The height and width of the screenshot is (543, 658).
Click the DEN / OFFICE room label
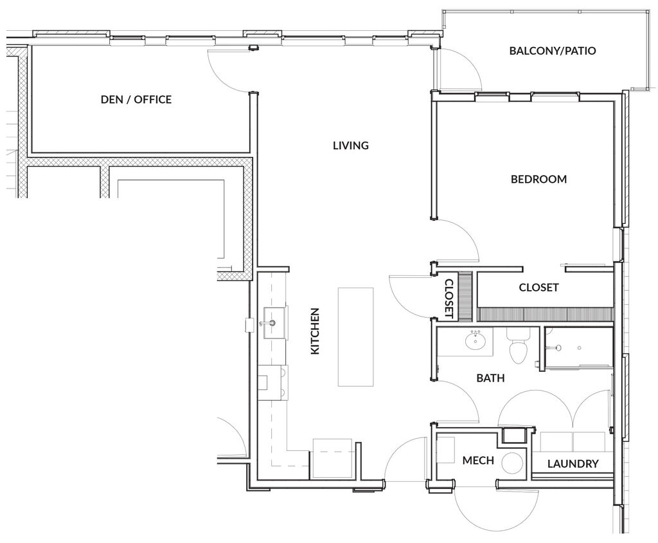(x=136, y=99)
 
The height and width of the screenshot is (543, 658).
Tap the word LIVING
(x=350, y=145)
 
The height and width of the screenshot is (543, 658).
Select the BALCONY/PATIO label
(x=553, y=50)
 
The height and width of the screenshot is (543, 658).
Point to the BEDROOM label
(x=538, y=179)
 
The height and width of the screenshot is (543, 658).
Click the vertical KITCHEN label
(x=315, y=331)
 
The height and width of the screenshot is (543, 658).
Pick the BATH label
(x=490, y=378)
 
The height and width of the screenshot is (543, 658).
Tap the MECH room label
(x=478, y=461)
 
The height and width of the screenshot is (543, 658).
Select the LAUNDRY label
(x=573, y=463)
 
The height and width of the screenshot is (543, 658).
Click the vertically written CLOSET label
(x=449, y=299)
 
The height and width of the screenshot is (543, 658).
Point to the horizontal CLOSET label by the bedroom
(x=538, y=288)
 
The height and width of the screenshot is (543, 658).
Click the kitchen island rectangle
(x=355, y=336)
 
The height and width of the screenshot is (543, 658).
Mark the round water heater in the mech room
(x=512, y=463)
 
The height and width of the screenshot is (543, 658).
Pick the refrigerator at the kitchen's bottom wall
(x=332, y=458)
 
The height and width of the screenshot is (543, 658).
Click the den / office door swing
(x=229, y=71)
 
